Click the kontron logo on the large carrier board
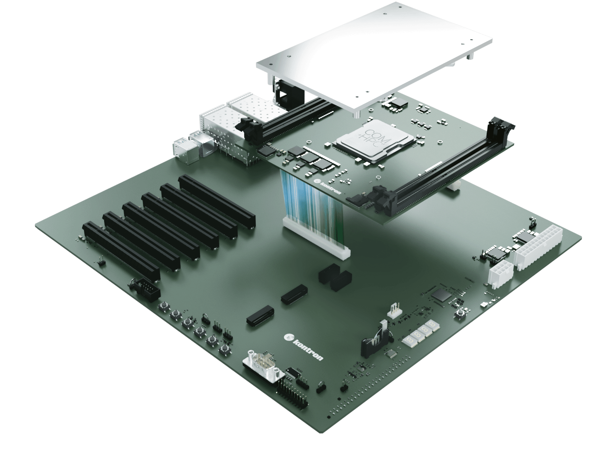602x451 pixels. (304, 347)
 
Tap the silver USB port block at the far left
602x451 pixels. (184, 151)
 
